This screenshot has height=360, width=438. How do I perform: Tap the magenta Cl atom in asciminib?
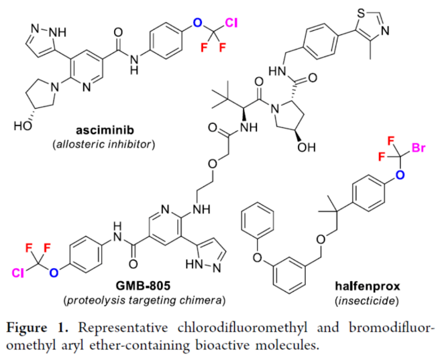click(x=231, y=23)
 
